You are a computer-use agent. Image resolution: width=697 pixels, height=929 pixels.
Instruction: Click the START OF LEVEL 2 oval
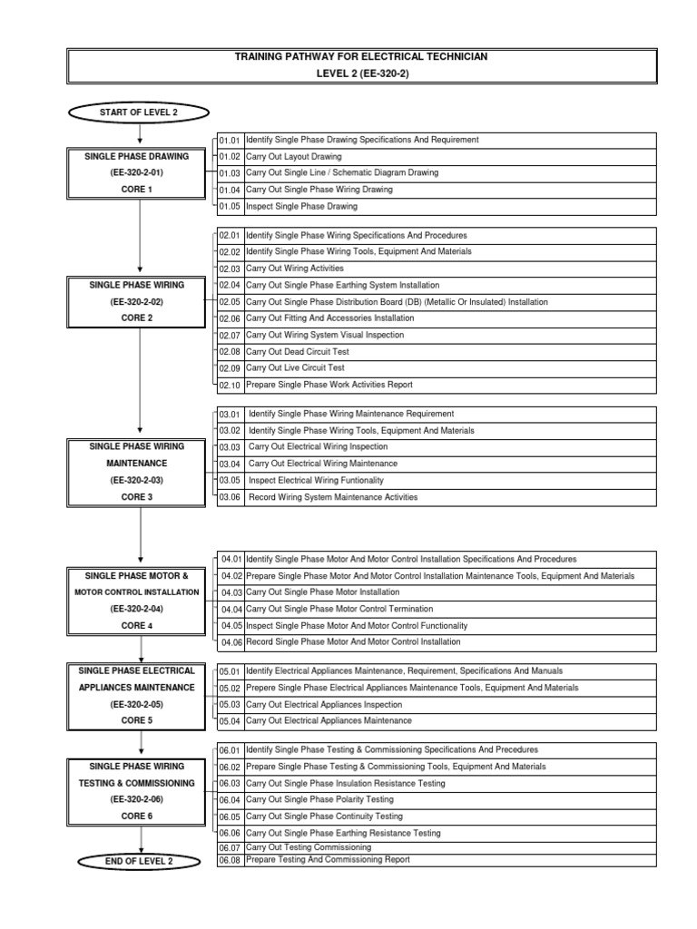(139, 111)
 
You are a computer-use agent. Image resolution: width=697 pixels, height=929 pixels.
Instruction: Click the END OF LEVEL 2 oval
(139, 860)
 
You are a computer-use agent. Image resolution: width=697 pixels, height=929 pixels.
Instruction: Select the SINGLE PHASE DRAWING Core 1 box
(139, 172)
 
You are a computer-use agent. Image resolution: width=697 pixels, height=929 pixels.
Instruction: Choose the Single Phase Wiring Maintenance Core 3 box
(139, 472)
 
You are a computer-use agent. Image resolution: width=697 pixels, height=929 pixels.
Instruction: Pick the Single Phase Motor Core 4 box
(139, 600)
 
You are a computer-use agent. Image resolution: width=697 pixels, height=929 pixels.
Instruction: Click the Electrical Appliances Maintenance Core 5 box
(139, 696)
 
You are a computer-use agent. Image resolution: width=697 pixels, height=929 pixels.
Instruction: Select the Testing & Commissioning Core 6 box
(139, 791)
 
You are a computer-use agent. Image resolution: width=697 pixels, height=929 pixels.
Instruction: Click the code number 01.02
(230, 156)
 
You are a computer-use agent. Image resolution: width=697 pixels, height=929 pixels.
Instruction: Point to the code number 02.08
(230, 352)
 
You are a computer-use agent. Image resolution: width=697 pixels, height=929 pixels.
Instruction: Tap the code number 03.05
(230, 481)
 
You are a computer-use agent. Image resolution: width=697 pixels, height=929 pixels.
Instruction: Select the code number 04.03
(231, 592)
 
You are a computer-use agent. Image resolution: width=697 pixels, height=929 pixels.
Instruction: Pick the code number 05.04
(230, 720)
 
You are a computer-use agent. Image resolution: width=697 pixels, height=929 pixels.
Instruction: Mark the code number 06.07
(230, 847)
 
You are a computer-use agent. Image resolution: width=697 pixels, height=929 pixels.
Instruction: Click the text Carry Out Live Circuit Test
(297, 367)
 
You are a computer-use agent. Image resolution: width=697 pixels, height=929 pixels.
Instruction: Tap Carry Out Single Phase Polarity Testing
(319, 799)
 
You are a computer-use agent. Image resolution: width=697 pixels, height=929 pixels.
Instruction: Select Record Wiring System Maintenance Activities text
(333, 497)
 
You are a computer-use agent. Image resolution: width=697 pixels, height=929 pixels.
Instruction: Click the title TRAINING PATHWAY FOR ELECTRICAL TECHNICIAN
(362, 56)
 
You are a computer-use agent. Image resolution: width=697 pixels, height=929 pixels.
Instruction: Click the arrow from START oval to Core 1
(139, 133)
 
